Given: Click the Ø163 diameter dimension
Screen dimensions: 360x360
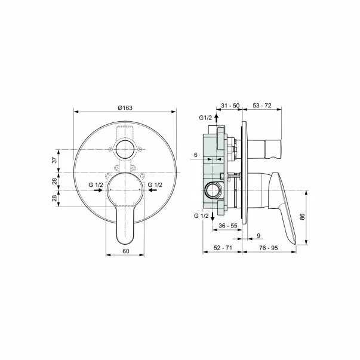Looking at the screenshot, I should [x=124, y=106].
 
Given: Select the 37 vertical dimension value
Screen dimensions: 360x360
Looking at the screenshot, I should [x=54, y=160].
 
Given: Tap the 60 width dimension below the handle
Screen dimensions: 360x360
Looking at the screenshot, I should [x=125, y=251].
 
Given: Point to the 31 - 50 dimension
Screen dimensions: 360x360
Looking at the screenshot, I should [x=230, y=106].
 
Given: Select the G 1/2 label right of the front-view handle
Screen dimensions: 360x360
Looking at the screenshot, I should [x=155, y=185].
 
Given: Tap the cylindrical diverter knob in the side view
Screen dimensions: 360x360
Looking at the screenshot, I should [x=264, y=147].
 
